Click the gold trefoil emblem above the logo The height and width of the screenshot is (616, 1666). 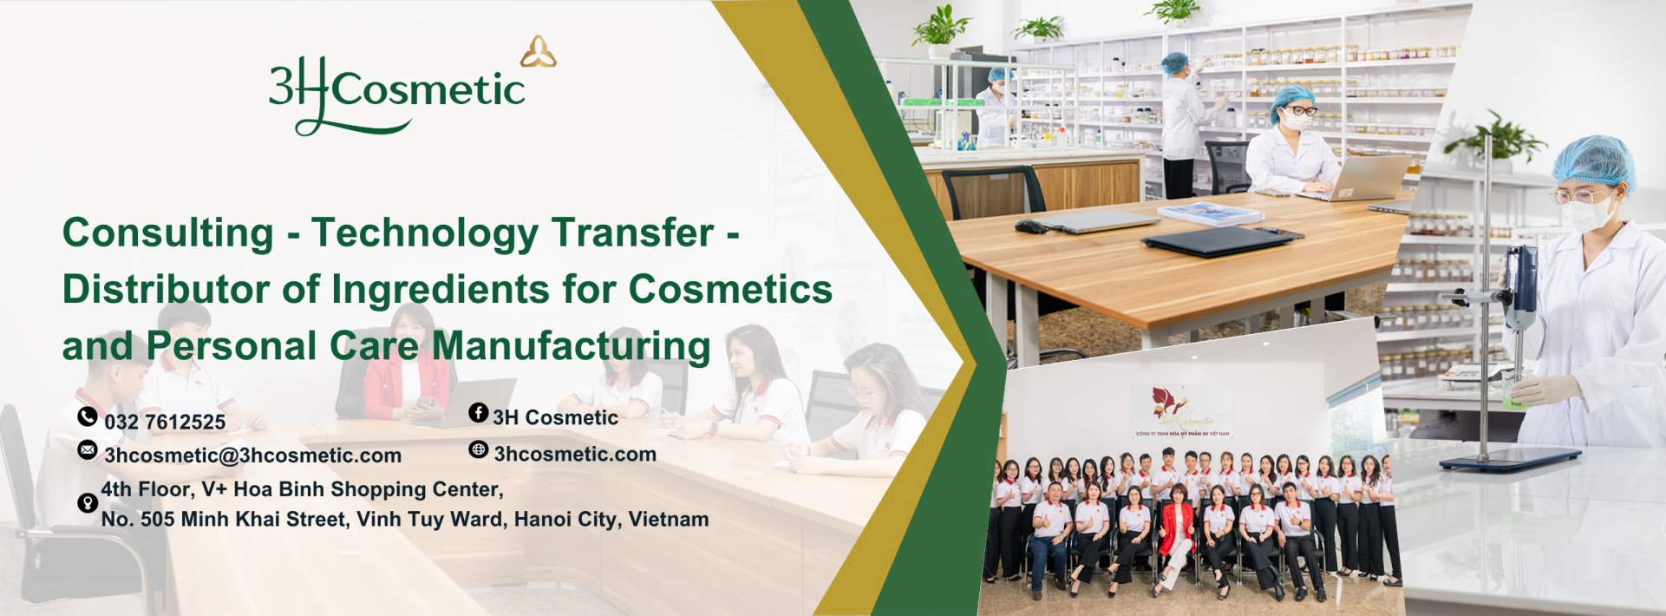(539, 52)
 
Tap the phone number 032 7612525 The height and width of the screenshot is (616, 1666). (165, 423)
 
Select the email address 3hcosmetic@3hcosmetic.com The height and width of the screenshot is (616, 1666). (252, 455)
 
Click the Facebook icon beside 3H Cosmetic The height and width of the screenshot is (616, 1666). (479, 413)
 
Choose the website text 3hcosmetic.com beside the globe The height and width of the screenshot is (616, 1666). (575, 454)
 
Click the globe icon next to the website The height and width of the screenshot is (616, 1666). (479, 449)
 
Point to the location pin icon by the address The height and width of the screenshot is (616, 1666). (88, 503)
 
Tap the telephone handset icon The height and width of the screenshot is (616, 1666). (88, 416)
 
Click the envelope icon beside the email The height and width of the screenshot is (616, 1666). (88, 449)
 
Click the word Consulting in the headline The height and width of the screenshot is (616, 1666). (168, 233)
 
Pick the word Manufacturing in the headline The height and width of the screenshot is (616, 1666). (572, 345)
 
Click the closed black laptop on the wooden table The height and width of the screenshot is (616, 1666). (1222, 239)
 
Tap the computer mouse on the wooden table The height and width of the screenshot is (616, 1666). (1031, 227)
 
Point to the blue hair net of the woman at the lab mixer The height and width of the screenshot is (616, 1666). (1594, 162)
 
